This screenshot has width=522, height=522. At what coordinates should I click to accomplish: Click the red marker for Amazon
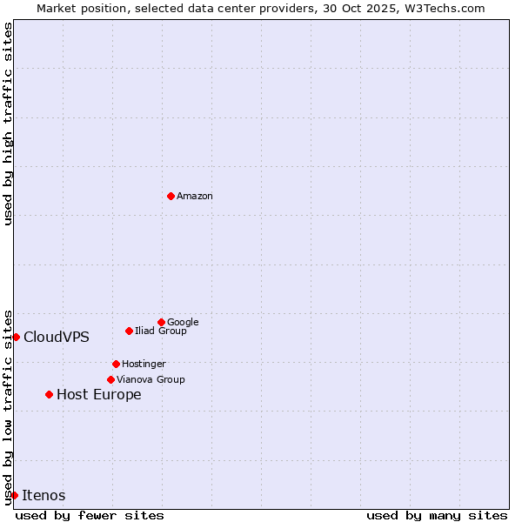(171, 196)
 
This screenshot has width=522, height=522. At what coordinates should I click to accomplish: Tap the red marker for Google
(161, 322)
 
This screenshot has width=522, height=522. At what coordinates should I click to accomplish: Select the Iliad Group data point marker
(129, 331)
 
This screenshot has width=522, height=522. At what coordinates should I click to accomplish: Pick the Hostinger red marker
(116, 364)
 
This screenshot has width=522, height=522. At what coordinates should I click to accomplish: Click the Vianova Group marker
(110, 379)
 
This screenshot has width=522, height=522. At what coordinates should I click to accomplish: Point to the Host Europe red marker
(49, 394)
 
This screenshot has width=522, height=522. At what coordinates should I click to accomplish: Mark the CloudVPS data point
(16, 337)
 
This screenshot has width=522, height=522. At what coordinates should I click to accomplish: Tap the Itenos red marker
(14, 495)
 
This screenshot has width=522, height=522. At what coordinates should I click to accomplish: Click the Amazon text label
(195, 197)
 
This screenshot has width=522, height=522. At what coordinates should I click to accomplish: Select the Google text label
(183, 322)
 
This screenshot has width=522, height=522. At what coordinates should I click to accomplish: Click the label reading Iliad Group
(161, 331)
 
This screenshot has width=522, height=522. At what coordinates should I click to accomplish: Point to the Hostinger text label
(144, 364)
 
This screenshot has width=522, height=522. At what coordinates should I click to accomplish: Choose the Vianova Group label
(151, 379)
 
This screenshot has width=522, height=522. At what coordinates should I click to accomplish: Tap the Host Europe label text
(99, 395)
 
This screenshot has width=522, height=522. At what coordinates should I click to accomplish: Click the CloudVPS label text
(57, 338)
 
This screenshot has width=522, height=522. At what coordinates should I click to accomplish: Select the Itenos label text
(43, 496)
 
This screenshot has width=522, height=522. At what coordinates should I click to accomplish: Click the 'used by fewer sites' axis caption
(90, 515)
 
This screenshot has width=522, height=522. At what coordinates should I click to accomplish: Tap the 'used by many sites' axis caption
(437, 515)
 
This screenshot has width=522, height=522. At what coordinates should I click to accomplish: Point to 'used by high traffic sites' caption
(9, 124)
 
